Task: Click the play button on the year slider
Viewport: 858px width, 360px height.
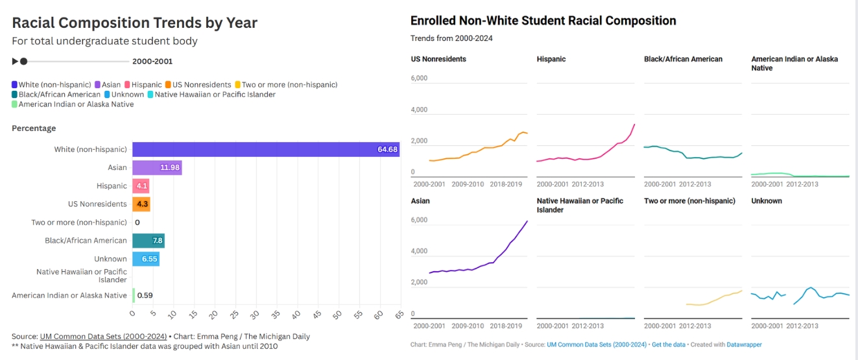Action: [15, 62]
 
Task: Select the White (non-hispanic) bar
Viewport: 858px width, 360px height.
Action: [265, 149]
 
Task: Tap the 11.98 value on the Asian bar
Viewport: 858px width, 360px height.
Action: [169, 167]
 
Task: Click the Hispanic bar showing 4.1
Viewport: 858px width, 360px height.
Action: [141, 186]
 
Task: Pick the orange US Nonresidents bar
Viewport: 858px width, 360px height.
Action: [141, 204]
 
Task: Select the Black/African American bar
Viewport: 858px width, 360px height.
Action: [149, 241]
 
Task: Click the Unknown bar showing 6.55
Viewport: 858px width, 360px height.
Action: [146, 259]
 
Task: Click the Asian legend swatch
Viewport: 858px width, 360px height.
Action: [98, 85]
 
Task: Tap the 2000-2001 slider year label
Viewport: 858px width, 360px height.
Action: [152, 62]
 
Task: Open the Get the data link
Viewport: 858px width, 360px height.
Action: [669, 344]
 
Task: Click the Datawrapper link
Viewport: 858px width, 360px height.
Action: [744, 344]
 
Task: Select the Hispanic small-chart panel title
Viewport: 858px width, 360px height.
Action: [551, 59]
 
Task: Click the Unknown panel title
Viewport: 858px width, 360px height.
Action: [767, 201]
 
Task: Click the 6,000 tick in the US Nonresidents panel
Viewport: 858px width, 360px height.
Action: [420, 78]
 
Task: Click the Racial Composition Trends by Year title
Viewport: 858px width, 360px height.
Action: [135, 23]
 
